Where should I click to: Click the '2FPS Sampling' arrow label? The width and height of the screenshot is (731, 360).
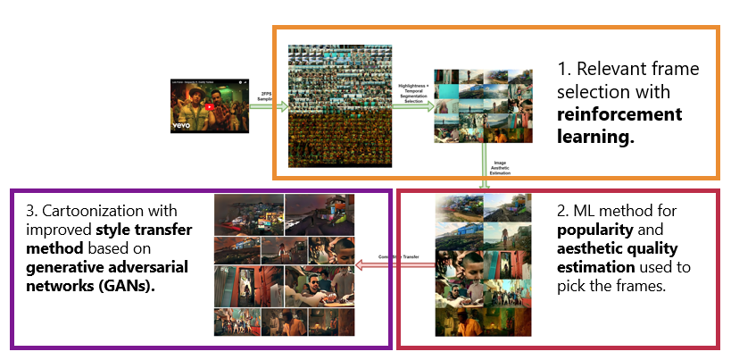coord(267,96)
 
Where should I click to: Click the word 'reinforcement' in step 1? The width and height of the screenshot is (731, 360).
coord(619,113)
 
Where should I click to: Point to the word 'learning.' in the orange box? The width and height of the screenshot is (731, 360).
coord(592,136)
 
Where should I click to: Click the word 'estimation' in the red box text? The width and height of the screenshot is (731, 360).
coord(595,267)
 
